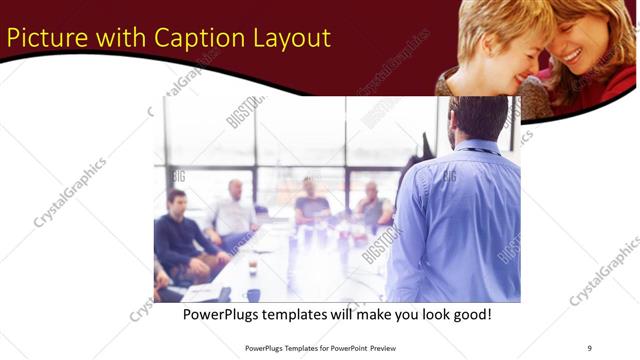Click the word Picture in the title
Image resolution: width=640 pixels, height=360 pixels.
(x=45, y=38)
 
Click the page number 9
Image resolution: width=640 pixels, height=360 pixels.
(x=589, y=347)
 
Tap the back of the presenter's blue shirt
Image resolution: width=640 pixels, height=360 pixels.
(x=460, y=220)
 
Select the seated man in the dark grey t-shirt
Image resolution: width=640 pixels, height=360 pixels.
(x=312, y=204)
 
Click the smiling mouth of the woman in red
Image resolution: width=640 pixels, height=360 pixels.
(x=572, y=55)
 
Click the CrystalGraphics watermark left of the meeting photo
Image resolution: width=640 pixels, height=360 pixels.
(x=70, y=192)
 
